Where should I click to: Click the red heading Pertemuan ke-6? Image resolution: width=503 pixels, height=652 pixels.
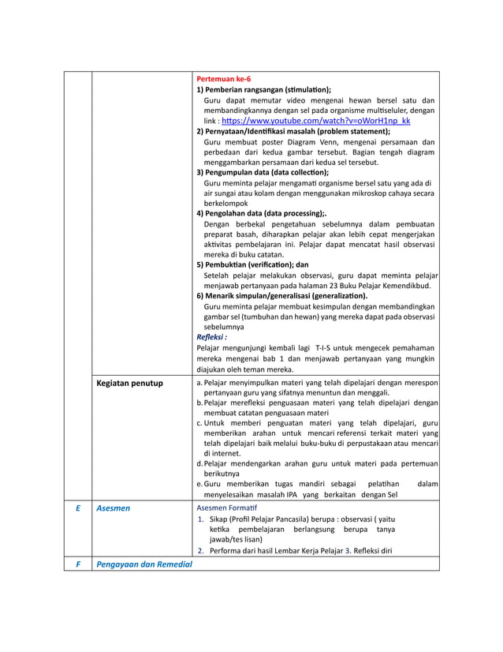click(223, 80)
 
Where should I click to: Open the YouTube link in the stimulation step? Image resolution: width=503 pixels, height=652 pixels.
click(316, 122)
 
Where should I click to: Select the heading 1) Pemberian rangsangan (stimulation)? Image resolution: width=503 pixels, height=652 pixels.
click(263, 90)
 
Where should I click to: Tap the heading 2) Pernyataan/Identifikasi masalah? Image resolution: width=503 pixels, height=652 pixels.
click(292, 132)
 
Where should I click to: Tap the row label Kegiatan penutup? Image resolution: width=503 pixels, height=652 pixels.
click(129, 384)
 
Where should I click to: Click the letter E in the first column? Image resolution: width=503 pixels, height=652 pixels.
click(77, 509)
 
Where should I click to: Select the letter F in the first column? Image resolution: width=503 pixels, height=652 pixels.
click(77, 564)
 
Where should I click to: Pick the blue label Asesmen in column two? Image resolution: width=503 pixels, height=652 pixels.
click(113, 509)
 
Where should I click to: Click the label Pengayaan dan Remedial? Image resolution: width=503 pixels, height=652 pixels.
click(143, 564)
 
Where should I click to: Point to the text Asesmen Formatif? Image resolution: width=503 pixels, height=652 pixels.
click(226, 508)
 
